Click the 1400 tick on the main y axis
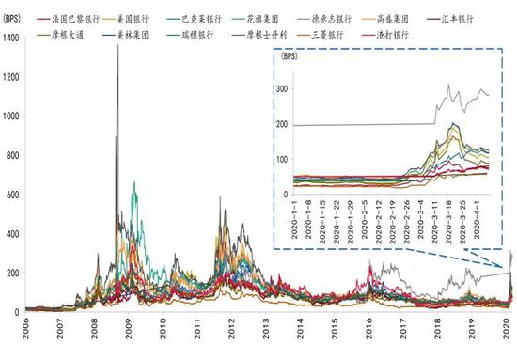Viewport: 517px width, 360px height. coord(11,38)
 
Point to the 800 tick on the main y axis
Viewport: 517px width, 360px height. coord(13,155)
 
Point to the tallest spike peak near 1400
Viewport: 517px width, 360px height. coord(117,45)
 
